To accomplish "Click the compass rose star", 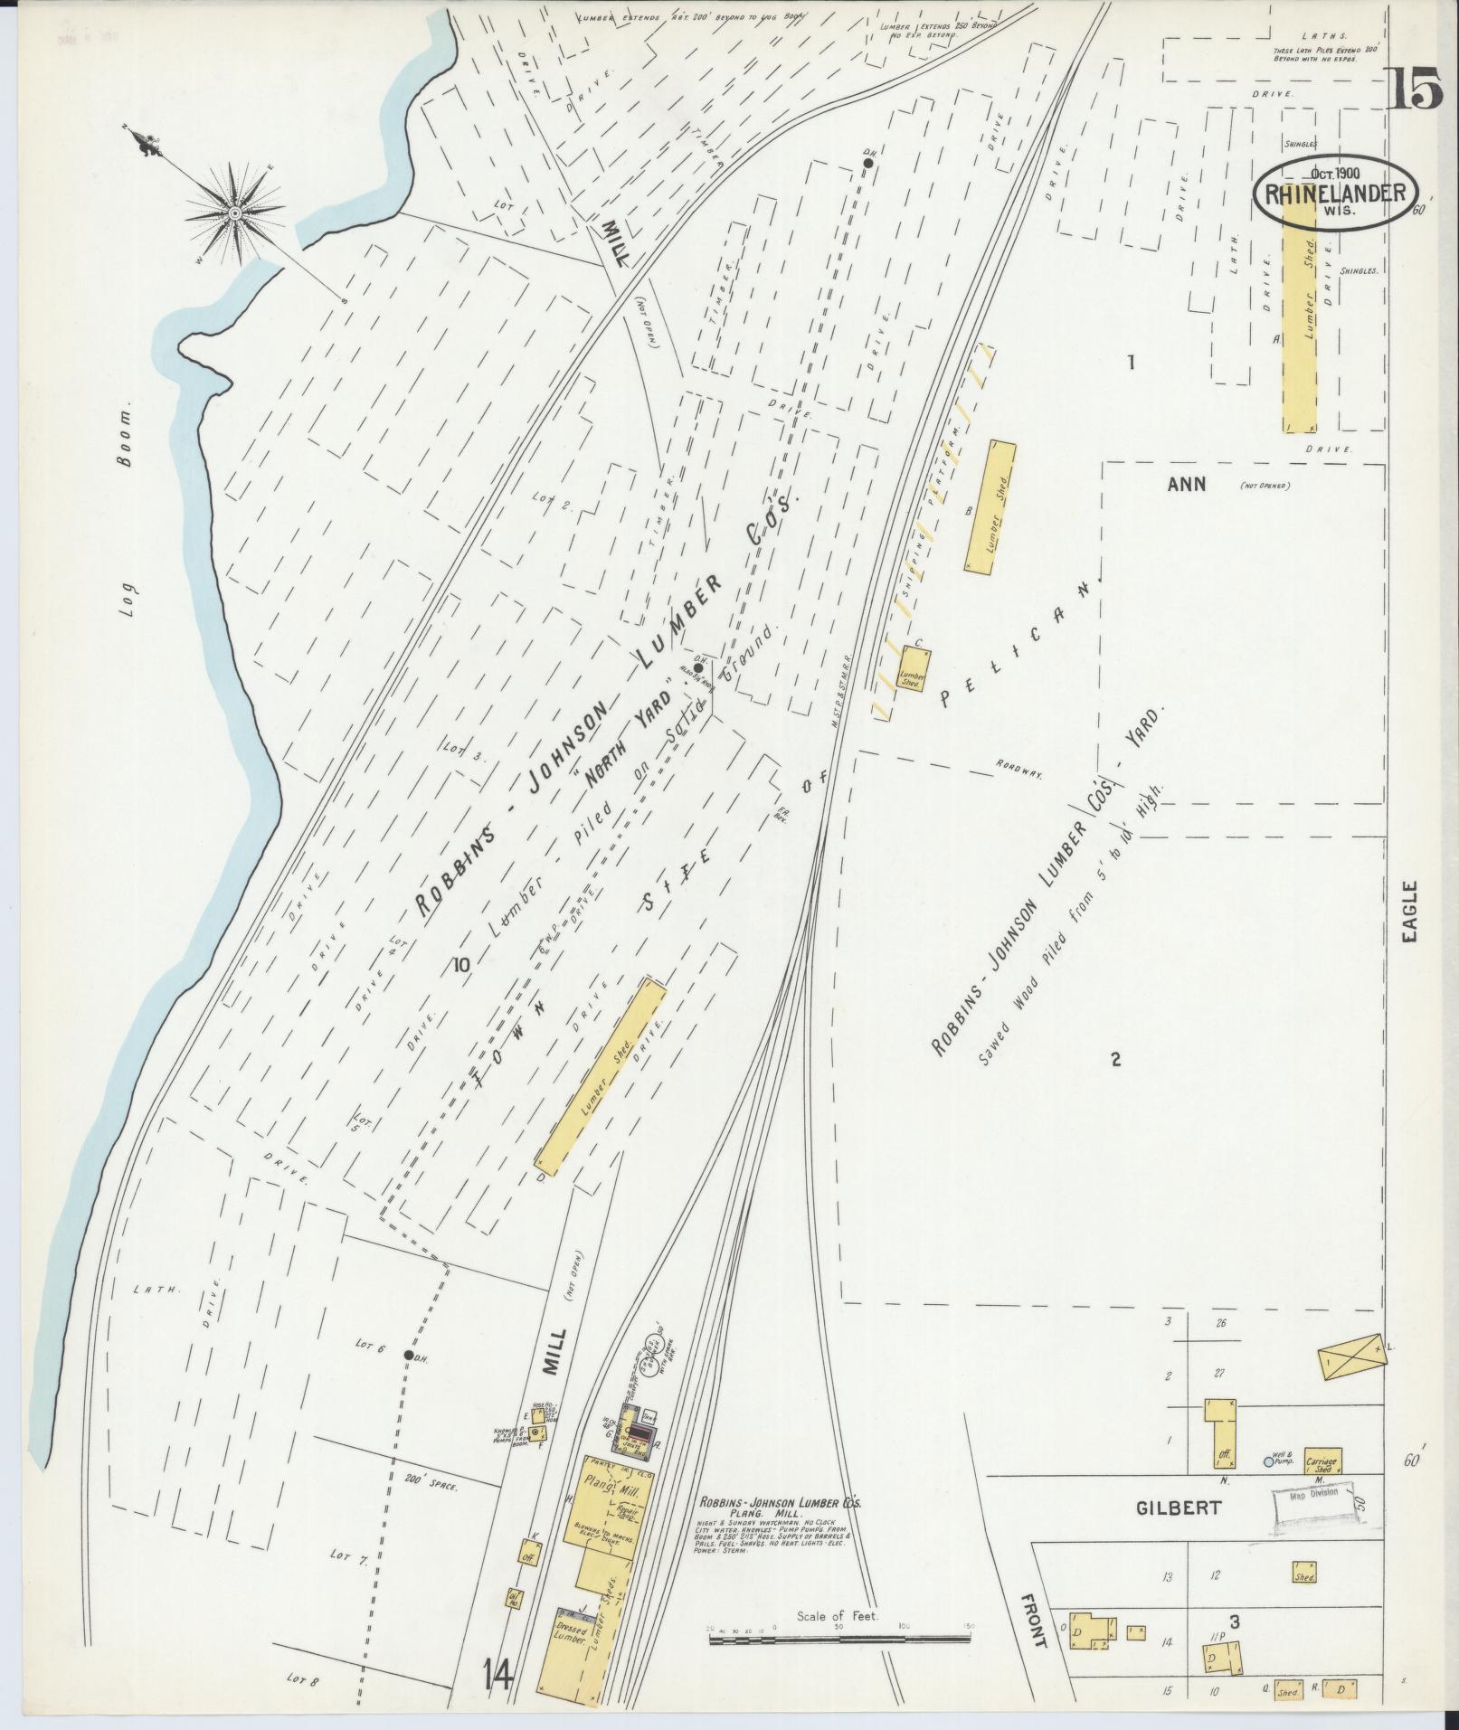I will (235, 213).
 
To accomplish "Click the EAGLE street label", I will (1410, 913).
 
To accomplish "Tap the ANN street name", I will (1186, 485).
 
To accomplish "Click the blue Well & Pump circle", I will (1268, 1461).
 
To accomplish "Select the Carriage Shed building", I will (1322, 1461).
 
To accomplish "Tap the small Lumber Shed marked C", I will (911, 670).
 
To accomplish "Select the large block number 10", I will (462, 965).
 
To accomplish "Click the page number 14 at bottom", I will (497, 1678).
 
